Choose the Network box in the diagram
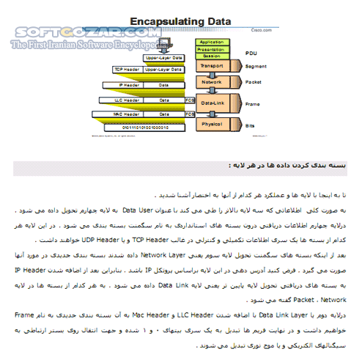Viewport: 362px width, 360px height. pos(212,83)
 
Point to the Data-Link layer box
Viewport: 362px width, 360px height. pos(213,104)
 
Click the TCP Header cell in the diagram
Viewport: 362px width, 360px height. pos(129,70)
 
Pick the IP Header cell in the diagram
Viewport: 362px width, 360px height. pos(130,84)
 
